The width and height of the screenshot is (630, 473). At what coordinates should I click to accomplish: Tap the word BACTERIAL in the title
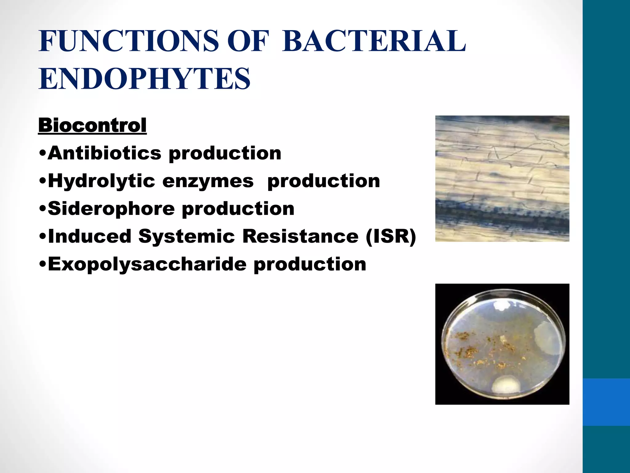(x=374, y=41)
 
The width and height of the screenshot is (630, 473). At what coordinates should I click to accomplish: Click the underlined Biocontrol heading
(x=92, y=126)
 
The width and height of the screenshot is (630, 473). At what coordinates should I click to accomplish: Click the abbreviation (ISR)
(x=391, y=236)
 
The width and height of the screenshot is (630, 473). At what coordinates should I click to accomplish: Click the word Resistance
(x=300, y=236)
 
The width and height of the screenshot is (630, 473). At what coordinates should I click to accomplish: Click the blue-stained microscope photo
(x=502, y=178)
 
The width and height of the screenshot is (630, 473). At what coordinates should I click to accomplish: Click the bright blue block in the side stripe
(x=606, y=402)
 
